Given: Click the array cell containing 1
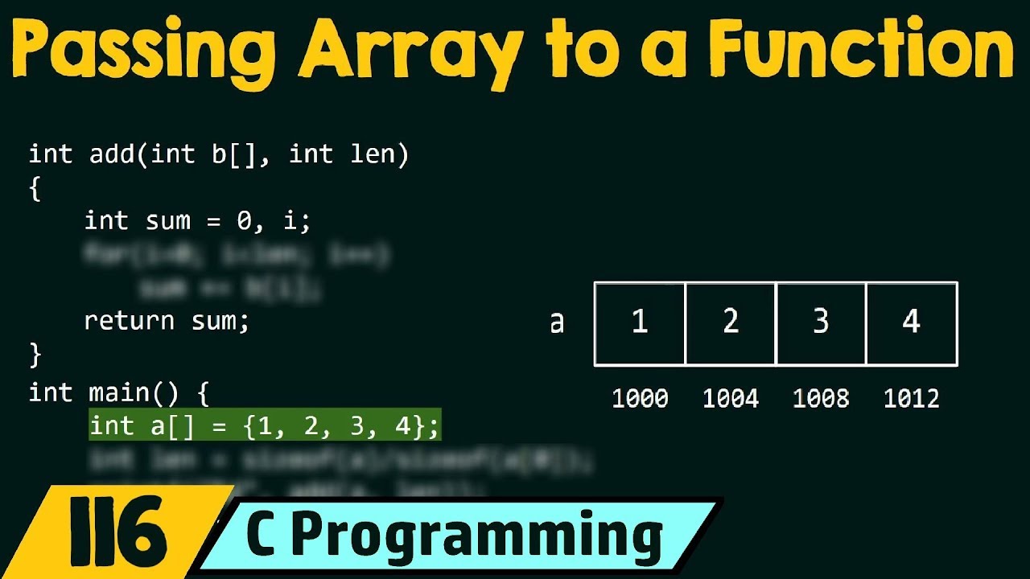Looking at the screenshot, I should coord(640,323).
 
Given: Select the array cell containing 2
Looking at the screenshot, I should coord(731,323).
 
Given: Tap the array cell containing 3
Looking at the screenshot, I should coord(821,323).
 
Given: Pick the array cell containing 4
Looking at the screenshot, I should coord(911,323).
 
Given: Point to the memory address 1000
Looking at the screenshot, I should coord(640,398).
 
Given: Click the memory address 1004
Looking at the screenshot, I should coord(731,398).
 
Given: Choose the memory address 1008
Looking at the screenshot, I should coord(821,398).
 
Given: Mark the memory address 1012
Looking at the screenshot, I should coord(911,398).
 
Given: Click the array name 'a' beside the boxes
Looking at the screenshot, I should coord(557,323).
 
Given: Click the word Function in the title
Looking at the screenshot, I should coord(861,50).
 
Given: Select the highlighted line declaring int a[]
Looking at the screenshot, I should coord(265,426).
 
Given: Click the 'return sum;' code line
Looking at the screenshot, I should coord(167,321).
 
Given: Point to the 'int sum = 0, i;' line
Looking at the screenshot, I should coord(197,220).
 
